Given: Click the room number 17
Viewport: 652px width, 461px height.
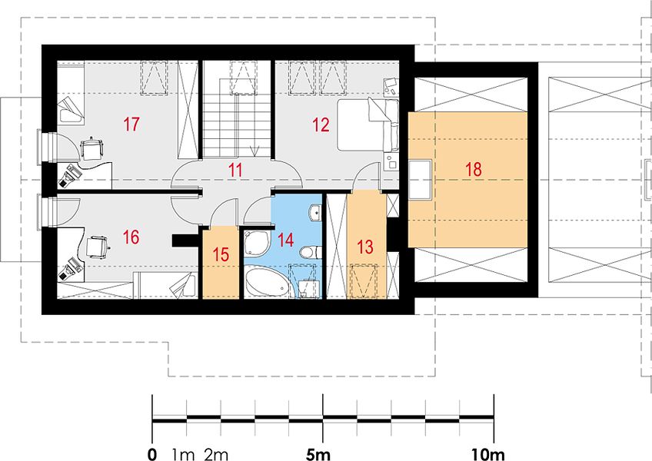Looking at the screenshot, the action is tap(131, 124).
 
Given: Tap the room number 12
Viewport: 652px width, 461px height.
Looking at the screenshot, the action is tap(321, 124).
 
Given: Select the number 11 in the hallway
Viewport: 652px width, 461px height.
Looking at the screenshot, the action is tap(235, 171).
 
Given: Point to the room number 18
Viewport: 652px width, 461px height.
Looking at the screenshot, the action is tap(473, 170).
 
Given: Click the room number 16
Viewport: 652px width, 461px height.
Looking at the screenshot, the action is tap(131, 237).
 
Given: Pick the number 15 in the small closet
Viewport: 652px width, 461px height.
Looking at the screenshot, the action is tap(221, 254).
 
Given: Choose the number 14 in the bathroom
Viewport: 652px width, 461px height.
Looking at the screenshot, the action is tap(286, 240).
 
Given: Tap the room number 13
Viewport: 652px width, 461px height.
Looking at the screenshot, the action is tap(365, 247).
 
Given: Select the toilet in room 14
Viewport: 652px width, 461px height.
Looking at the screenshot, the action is tap(310, 252).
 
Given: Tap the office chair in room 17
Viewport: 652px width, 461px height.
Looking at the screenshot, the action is tap(91, 148).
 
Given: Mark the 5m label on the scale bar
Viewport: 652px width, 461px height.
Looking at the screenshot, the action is tap(318, 454).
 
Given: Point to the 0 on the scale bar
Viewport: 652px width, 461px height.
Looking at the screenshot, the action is tap(152, 454).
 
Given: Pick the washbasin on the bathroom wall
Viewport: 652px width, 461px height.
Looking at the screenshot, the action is tap(314, 212).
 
